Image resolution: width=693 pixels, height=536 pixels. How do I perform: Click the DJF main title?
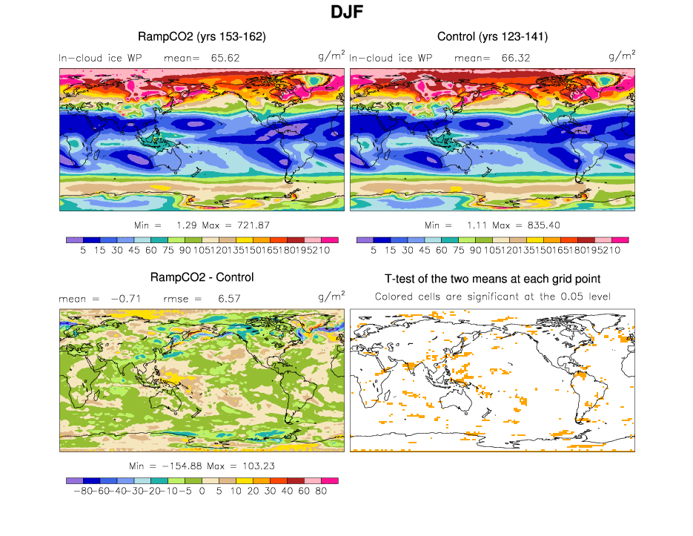[x=346, y=13]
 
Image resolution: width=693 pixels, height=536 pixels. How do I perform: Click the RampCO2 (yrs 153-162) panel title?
[x=202, y=36]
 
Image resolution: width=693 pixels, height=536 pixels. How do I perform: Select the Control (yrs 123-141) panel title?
[x=492, y=36]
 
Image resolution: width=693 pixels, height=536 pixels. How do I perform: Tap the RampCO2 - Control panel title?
[x=202, y=277]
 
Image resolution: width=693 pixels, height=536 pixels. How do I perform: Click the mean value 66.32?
[x=517, y=57]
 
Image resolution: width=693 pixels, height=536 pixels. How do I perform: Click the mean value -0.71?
[x=125, y=298]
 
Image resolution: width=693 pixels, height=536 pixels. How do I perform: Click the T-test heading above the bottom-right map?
[x=493, y=279]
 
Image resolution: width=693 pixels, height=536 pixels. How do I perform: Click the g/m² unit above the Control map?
[x=622, y=56]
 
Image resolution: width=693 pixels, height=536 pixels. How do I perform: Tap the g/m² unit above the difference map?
[x=331, y=297]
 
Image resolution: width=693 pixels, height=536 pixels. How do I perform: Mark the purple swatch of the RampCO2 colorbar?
[x=74, y=239]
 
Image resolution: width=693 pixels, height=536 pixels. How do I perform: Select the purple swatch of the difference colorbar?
[x=74, y=480]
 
